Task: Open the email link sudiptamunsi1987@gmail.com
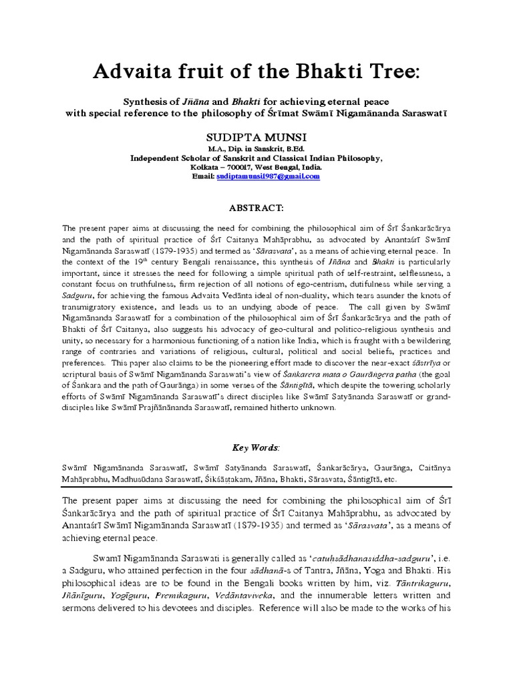tap(268, 176)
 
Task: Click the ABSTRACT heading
tap(256, 208)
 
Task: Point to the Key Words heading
tap(256, 446)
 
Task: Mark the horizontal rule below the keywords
tap(256, 488)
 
